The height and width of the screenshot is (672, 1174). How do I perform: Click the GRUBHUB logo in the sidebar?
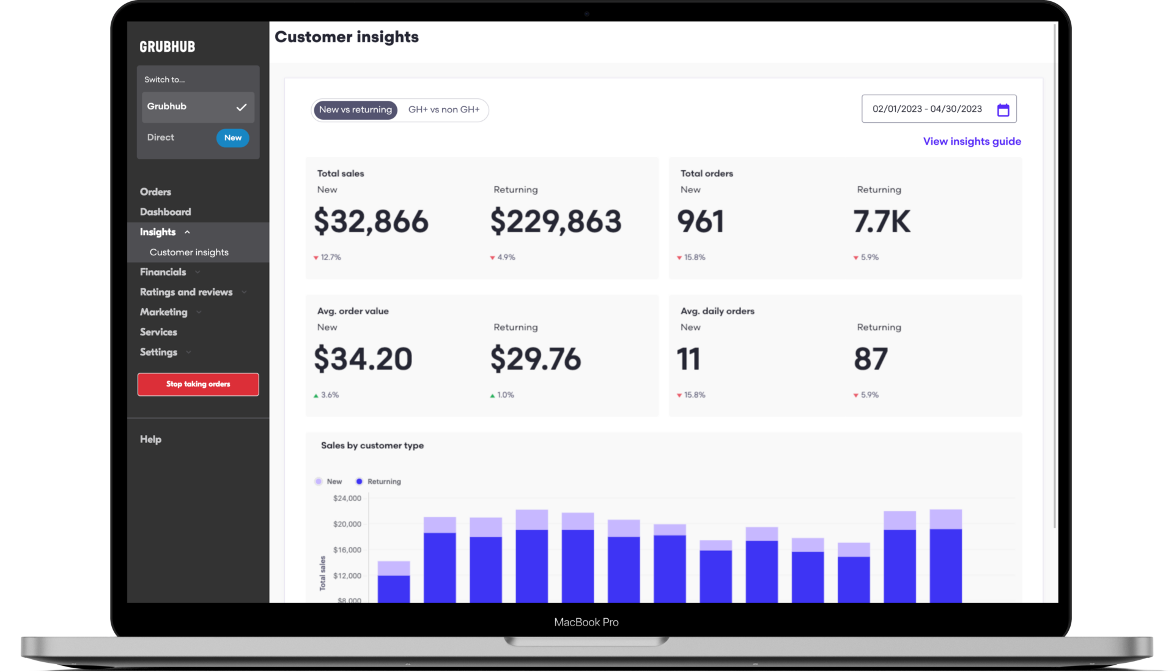point(167,46)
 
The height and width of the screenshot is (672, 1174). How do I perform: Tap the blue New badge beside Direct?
point(232,138)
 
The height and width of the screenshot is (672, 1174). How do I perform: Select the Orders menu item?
point(155,192)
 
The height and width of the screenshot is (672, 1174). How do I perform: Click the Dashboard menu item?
point(165,212)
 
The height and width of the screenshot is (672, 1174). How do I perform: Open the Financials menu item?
point(163,272)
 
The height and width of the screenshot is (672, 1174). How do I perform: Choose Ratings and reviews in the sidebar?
point(186,292)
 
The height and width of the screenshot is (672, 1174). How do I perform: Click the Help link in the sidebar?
point(150,439)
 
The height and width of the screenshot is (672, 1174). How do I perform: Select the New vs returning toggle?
point(355,110)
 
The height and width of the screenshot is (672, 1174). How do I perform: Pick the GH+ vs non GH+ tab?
point(444,110)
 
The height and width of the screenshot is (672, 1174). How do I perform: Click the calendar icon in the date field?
point(1003,110)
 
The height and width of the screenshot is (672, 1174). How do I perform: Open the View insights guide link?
point(972,142)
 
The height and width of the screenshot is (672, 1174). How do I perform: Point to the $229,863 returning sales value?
point(555,221)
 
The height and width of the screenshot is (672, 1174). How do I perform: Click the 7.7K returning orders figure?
point(881,221)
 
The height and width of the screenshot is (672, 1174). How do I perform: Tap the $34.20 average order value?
point(363,359)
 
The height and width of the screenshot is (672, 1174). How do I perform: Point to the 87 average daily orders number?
point(870,359)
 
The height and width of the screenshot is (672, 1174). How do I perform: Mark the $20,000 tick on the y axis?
point(347,524)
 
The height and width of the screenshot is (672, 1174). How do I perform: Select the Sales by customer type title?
point(372,445)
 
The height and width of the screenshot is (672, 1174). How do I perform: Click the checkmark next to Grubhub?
point(242,107)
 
